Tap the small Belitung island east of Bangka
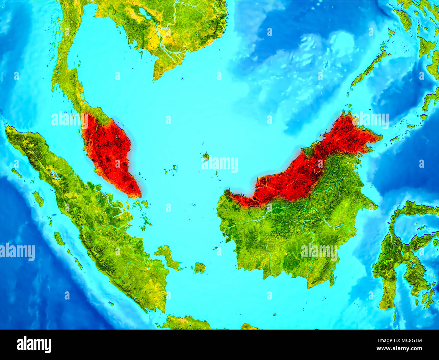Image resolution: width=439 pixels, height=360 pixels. pyautogui.click(x=200, y=268)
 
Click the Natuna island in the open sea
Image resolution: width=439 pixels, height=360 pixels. pyautogui.click(x=206, y=156)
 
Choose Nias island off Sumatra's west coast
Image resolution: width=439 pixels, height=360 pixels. pyautogui.click(x=38, y=199)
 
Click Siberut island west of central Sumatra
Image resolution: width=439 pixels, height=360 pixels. pyautogui.click(x=59, y=239)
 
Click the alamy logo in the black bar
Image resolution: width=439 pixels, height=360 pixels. pyautogui.click(x=34, y=344)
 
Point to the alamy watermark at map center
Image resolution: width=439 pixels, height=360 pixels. pyautogui.click(x=220, y=165)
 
